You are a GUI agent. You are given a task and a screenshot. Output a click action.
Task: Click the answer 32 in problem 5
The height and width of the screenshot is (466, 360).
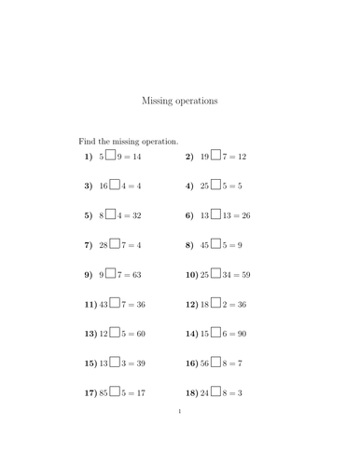click(x=142, y=216)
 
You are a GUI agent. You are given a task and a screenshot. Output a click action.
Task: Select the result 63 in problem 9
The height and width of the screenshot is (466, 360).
click(x=142, y=276)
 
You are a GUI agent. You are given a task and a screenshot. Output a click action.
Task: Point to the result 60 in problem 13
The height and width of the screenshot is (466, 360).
click(x=142, y=335)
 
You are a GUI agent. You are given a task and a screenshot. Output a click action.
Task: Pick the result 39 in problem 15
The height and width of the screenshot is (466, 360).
click(x=142, y=364)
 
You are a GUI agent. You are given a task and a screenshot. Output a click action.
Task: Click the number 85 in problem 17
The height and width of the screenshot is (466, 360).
click(x=104, y=394)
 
